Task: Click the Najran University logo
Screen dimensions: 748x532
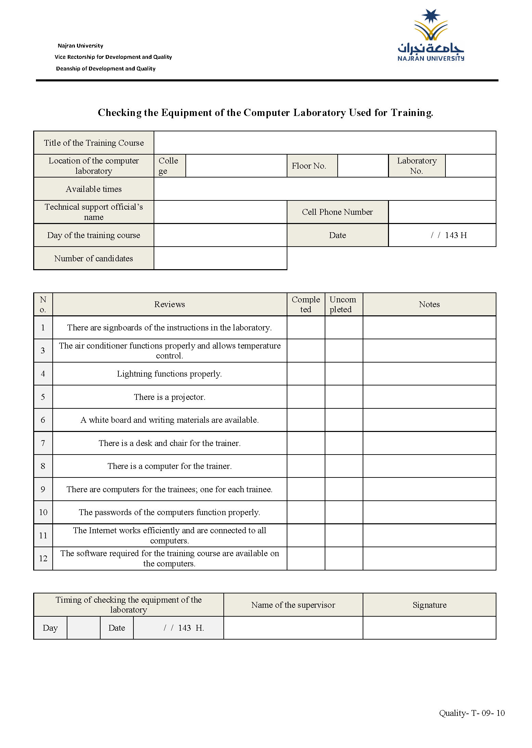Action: pyautogui.click(x=430, y=36)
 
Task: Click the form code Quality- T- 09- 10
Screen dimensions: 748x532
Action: pyautogui.click(x=471, y=713)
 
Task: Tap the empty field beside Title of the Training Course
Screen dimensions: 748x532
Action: pyautogui.click(x=325, y=143)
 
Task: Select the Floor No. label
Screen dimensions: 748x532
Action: pyautogui.click(x=309, y=166)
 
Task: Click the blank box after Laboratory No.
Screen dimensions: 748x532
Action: pyautogui.click(x=470, y=166)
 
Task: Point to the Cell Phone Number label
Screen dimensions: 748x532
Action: pyautogui.click(x=337, y=212)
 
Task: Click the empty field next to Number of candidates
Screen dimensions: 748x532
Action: pyautogui.click(x=220, y=258)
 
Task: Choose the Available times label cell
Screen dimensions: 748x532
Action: pyautogui.click(x=93, y=189)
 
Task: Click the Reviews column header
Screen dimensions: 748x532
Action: pyautogui.click(x=169, y=304)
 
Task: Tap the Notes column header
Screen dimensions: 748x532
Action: pyautogui.click(x=429, y=304)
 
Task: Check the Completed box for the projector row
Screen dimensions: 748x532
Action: pyautogui.click(x=306, y=397)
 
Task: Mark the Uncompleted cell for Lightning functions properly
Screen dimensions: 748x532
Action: pyautogui.click(x=343, y=373)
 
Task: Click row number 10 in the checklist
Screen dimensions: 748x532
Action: pyautogui.click(x=43, y=512)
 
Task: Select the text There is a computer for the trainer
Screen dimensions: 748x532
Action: pyautogui.click(x=169, y=466)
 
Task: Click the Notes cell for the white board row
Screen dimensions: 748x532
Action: pyautogui.click(x=429, y=420)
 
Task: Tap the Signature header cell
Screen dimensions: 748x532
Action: pyautogui.click(x=429, y=605)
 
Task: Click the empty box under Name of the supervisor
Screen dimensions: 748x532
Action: pyautogui.click(x=293, y=628)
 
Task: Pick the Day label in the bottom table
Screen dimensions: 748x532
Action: pyautogui.click(x=50, y=628)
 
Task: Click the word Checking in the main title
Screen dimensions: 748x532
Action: pyautogui.click(x=119, y=113)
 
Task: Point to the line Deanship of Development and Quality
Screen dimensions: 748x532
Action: pyautogui.click(x=106, y=68)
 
